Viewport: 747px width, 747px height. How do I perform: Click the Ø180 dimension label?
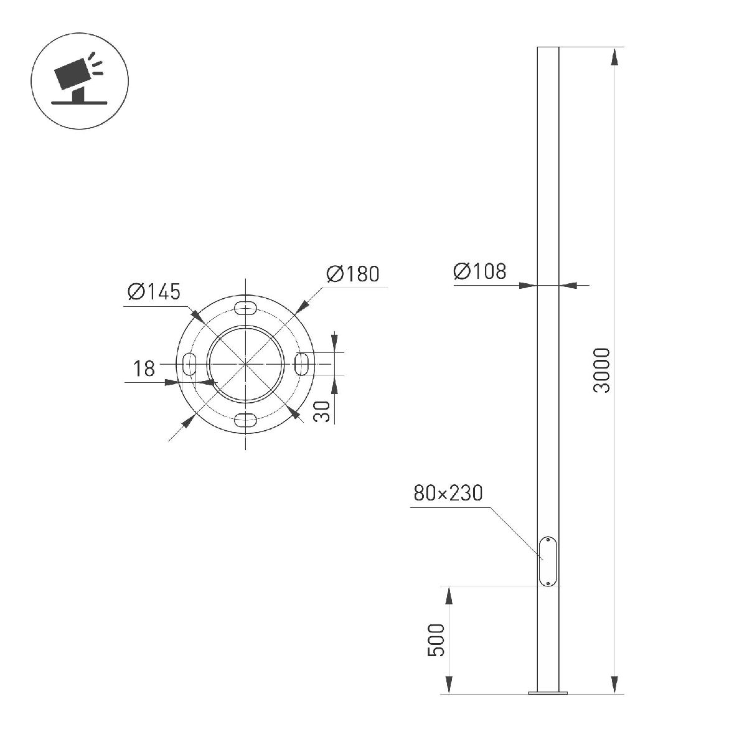352,274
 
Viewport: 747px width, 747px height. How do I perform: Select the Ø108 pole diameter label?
480,271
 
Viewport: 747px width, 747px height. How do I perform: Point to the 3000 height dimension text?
603,370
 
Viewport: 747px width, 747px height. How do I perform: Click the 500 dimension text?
437,640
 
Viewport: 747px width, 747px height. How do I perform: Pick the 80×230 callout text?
448,494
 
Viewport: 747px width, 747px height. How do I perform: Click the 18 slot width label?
144,369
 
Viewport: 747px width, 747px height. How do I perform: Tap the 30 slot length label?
322,411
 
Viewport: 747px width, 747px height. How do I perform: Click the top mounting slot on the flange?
246,308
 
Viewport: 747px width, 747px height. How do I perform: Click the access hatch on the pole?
548,561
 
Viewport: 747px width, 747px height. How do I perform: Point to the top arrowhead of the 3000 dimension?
615,56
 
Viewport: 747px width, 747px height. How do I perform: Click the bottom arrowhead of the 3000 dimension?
615,684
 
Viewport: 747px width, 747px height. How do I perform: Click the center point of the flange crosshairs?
246,364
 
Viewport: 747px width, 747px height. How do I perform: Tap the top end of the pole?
548,48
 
